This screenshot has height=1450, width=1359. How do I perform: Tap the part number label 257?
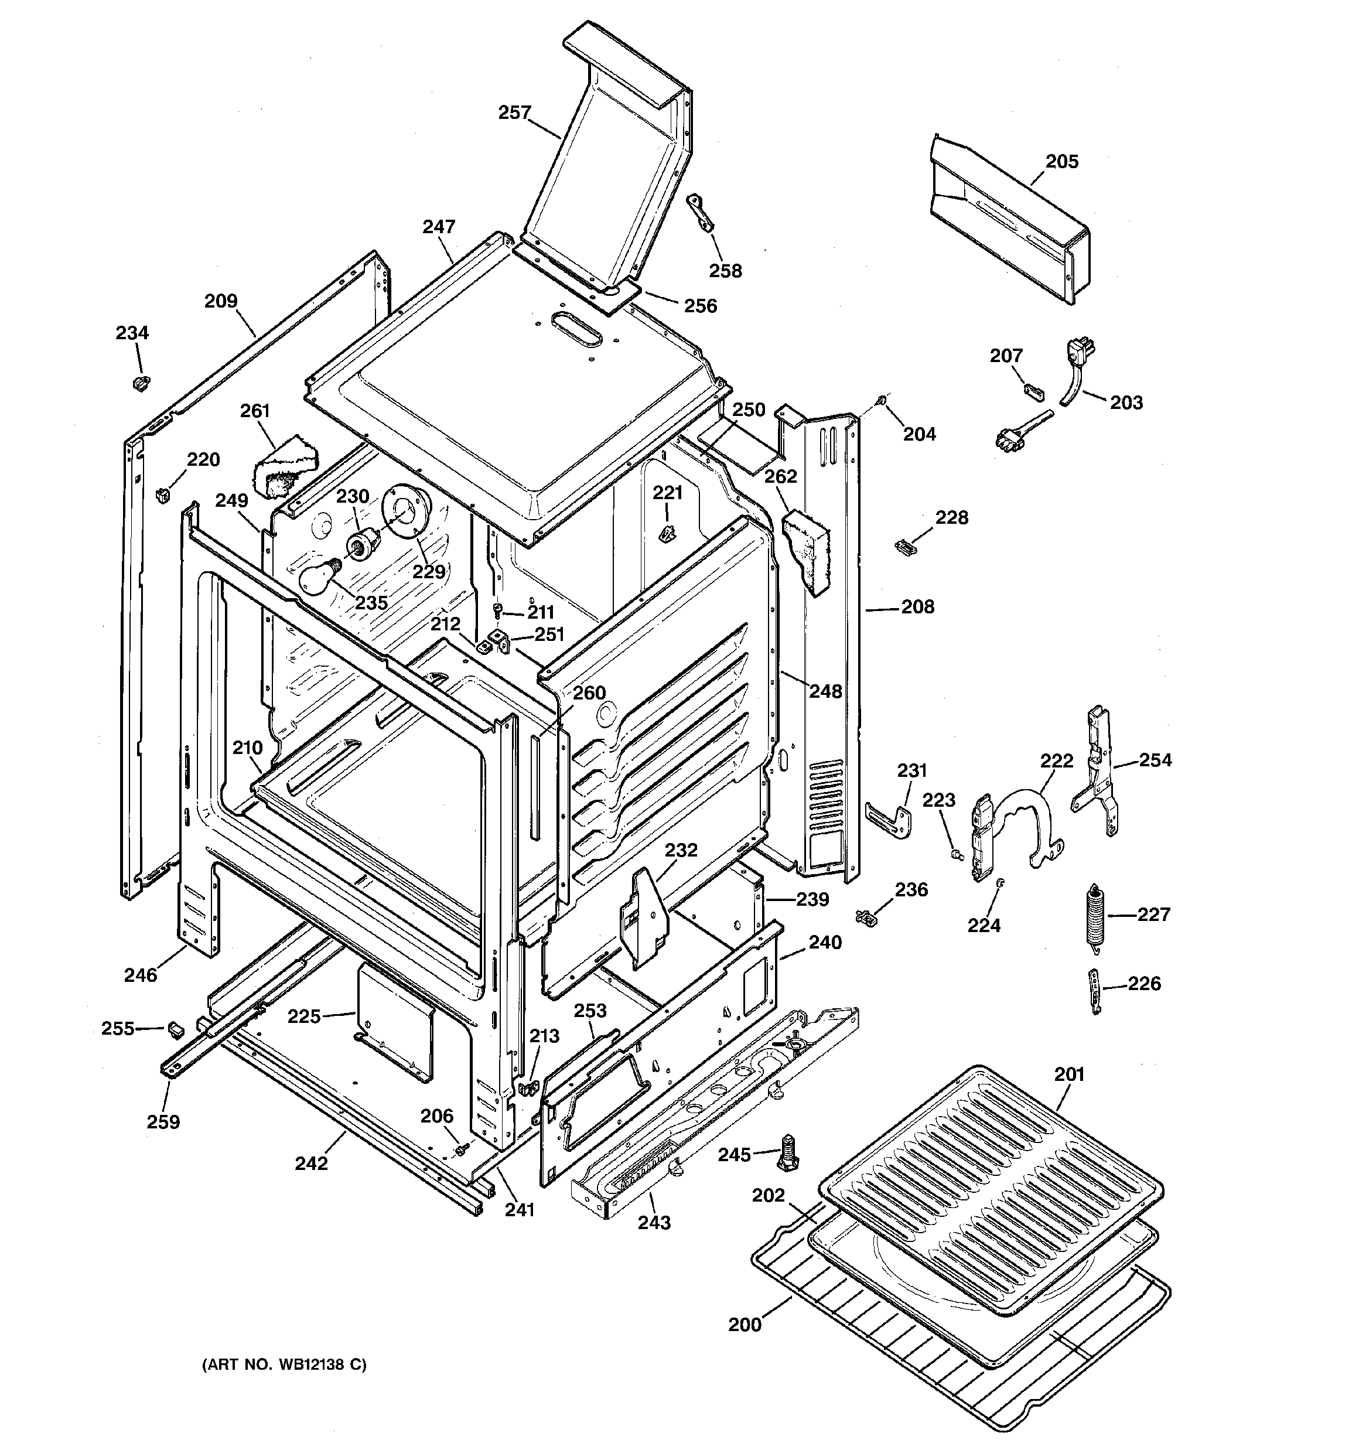pos(514,112)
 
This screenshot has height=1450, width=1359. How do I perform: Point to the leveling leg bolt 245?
pos(788,1153)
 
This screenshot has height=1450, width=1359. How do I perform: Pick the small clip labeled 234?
pos(142,382)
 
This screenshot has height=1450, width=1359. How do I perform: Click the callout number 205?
pos(1061,161)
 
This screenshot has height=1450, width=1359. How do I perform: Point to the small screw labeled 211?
pos(499,610)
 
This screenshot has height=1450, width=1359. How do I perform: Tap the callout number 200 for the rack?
pos(745,1324)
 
